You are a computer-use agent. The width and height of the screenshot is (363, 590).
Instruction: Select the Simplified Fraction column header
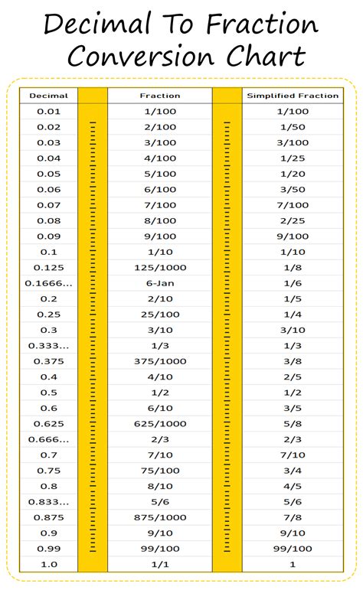[x=292, y=96]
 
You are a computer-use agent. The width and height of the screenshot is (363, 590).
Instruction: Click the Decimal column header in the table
[x=48, y=96]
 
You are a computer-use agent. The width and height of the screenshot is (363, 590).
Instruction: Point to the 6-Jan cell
[x=160, y=282]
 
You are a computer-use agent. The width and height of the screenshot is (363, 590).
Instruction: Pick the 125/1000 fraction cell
[x=160, y=267]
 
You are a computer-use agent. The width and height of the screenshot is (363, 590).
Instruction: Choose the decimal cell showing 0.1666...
[x=48, y=282]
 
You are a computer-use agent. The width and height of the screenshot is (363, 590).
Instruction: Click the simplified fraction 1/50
[x=292, y=127]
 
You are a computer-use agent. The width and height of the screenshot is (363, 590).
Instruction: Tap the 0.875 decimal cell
[x=48, y=517]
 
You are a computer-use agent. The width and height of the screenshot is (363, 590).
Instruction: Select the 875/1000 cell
[x=160, y=517]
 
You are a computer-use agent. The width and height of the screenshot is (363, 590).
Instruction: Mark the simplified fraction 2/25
[x=292, y=220]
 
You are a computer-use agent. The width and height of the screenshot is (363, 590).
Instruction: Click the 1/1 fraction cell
[x=160, y=565]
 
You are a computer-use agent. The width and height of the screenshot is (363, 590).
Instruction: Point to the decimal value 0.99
[x=48, y=549]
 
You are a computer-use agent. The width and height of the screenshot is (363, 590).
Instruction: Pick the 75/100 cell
[x=160, y=471]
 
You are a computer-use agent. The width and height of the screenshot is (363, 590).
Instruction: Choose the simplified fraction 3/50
[x=292, y=189]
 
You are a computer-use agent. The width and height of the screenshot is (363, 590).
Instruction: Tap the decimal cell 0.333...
[x=48, y=345]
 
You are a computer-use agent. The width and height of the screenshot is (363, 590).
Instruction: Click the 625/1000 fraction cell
[x=160, y=423]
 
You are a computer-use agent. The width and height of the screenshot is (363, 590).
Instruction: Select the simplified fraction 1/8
[x=292, y=267]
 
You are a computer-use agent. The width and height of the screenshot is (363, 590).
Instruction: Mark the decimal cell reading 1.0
[x=48, y=565]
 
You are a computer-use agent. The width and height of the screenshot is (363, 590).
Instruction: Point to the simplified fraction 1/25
[x=292, y=158]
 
